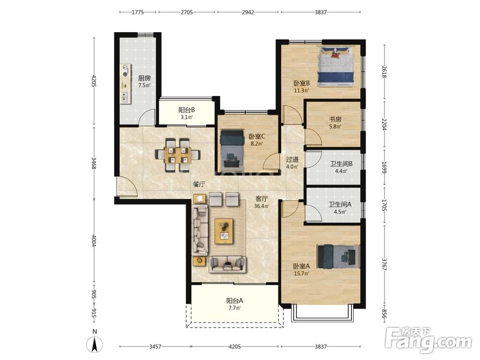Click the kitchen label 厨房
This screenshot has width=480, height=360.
click(x=144, y=78)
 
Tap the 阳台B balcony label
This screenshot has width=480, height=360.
click(x=187, y=110)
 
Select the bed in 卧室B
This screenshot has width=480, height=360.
click(x=336, y=66)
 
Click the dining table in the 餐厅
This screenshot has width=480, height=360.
click(x=178, y=155)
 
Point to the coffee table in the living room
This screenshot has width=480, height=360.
click(x=224, y=231)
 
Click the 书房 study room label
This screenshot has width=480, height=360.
click(x=335, y=119)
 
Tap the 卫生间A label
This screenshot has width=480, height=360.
click(x=340, y=204)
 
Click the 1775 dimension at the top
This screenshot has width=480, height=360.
click(x=138, y=12)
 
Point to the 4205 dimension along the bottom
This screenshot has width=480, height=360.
click(x=235, y=347)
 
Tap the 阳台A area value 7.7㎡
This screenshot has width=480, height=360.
click(x=235, y=308)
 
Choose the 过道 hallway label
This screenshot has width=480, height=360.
click(x=292, y=159)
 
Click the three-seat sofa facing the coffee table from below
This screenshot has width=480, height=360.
click(x=227, y=264)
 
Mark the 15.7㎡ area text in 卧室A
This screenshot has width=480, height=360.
click(x=301, y=274)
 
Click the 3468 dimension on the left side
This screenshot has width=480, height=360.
click(x=94, y=163)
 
